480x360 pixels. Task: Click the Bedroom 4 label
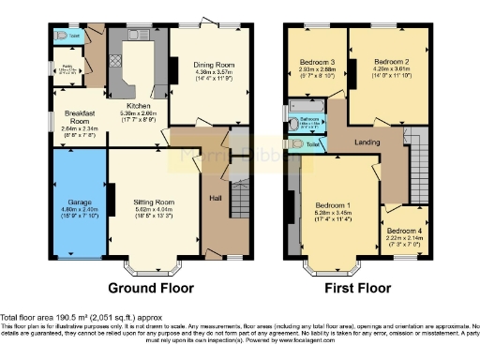(404, 231)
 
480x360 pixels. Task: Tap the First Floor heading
(357, 288)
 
